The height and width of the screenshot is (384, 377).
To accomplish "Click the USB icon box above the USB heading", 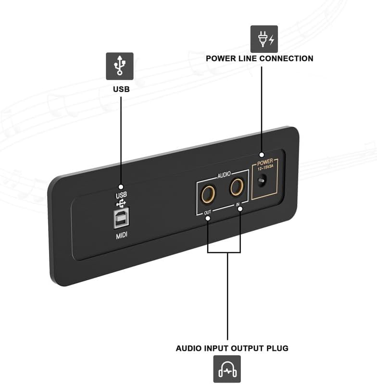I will [119, 66].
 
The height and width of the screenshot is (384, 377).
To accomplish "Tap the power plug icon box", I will [264, 39].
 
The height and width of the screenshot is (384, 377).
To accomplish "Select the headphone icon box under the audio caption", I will [227, 369].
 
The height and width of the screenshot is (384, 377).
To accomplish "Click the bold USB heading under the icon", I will [121, 89].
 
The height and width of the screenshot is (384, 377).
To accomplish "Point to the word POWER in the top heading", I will [222, 59].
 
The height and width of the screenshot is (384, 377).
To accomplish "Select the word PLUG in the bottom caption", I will [278, 348].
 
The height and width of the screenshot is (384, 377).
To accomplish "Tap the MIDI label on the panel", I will [121, 235].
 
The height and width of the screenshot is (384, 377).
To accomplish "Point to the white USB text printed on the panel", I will [121, 196].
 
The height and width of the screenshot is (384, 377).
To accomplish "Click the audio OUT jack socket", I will [208, 194].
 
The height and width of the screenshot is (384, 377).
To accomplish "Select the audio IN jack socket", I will [237, 186].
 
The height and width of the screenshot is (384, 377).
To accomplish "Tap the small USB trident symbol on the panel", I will [121, 203].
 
